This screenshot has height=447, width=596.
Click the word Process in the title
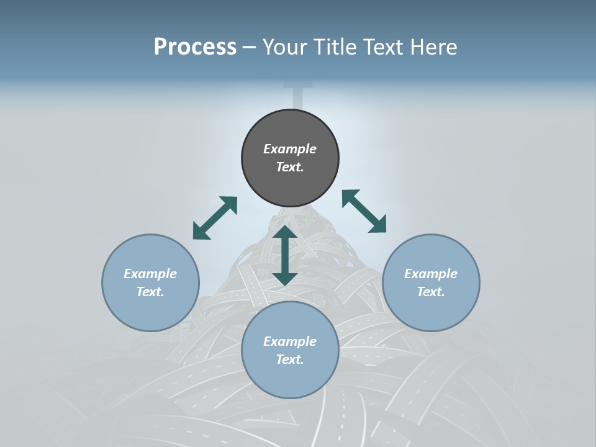click(195, 47)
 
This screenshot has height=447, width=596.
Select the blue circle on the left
click(150, 310)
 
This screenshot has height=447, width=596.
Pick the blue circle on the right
click(431, 310)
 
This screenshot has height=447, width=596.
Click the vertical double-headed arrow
click(285, 255)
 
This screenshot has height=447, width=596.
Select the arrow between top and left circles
click(215, 218)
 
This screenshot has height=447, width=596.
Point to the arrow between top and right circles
click(364, 211)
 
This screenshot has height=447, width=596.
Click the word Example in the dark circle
click(290, 149)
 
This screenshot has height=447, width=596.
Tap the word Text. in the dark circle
click(290, 167)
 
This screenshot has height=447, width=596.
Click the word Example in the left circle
click(150, 274)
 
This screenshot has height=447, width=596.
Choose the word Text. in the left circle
click(150, 292)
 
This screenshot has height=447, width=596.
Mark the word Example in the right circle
click(431, 274)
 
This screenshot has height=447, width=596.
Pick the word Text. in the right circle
click(431, 292)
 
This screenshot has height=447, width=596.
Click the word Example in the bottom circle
click(290, 341)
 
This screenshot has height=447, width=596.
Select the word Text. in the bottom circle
click(290, 359)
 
